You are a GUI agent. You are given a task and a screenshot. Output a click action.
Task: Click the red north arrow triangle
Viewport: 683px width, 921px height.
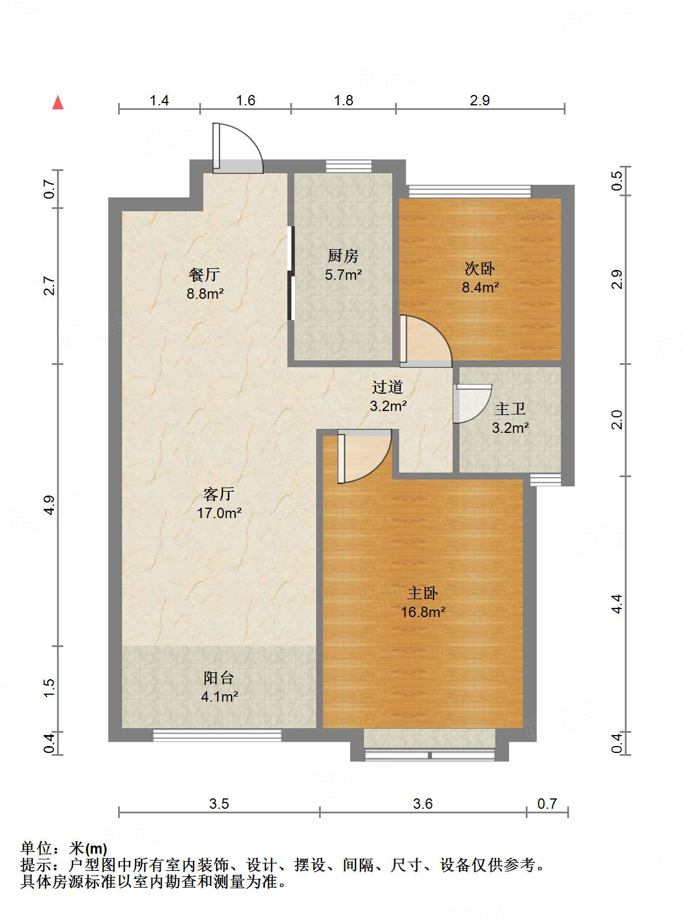click(x=58, y=102)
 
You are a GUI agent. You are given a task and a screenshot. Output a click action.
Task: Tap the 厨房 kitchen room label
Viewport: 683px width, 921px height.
click(x=343, y=256)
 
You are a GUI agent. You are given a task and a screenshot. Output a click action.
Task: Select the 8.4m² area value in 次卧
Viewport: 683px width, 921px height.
click(x=480, y=287)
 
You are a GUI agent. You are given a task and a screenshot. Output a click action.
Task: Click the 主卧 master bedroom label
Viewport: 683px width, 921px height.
click(x=423, y=593)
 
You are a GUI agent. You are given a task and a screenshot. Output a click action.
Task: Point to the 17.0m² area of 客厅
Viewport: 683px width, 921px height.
click(x=219, y=513)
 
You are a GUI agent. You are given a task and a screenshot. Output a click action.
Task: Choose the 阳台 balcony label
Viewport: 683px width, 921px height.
click(x=218, y=678)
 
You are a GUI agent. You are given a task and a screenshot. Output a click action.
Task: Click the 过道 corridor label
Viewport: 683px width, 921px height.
click(x=388, y=387)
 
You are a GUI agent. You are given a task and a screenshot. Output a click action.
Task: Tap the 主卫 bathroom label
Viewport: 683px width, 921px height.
click(x=510, y=409)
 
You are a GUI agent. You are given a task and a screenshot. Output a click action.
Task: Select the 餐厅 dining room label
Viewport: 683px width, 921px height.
click(x=204, y=275)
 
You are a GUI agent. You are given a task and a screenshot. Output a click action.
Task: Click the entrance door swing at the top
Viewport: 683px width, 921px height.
click(x=238, y=148)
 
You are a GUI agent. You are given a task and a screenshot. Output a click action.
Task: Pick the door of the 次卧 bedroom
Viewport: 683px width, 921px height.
click(x=426, y=341)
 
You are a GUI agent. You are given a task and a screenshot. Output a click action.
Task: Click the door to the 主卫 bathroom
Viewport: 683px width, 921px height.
click(x=472, y=404)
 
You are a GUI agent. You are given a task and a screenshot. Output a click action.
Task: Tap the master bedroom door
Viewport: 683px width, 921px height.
click(x=365, y=456)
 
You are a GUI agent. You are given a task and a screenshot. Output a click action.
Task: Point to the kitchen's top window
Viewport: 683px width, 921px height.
click(x=348, y=166)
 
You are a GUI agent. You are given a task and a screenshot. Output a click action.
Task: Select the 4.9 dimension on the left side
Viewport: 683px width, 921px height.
click(x=49, y=505)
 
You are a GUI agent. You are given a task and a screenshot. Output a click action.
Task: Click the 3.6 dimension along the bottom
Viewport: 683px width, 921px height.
click(x=423, y=804)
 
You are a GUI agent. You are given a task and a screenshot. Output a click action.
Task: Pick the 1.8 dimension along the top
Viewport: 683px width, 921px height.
click(x=344, y=100)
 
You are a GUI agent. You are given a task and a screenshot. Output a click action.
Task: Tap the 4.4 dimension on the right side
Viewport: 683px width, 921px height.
click(x=617, y=604)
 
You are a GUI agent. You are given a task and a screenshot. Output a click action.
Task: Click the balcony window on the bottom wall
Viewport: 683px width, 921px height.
click(x=217, y=736)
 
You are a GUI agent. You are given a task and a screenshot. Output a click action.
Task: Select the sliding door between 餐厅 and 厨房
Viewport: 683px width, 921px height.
click(x=291, y=273)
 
